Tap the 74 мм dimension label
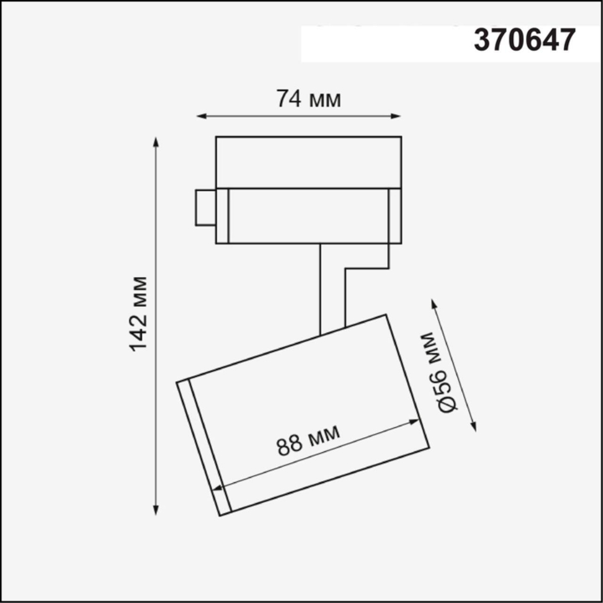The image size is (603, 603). pyautogui.click(x=308, y=98)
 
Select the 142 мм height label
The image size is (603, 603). pyautogui.click(x=138, y=314)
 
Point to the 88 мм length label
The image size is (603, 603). pyautogui.click(x=308, y=440)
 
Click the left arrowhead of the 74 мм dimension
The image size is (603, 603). pyautogui.click(x=201, y=116)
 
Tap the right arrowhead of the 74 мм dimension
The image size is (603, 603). pyautogui.click(x=397, y=116)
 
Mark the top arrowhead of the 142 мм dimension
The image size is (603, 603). pyautogui.click(x=156, y=142)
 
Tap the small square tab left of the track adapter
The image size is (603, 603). pyautogui.click(x=205, y=208)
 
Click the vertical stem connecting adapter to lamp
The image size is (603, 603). pyautogui.click(x=332, y=286)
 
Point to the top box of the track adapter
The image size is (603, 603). pyautogui.click(x=308, y=162)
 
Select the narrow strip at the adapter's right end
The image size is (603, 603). pyautogui.click(x=395, y=216)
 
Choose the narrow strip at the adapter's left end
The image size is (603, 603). pyautogui.click(x=222, y=216)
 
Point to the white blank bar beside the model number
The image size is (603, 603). pyautogui.click(x=386, y=43)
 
